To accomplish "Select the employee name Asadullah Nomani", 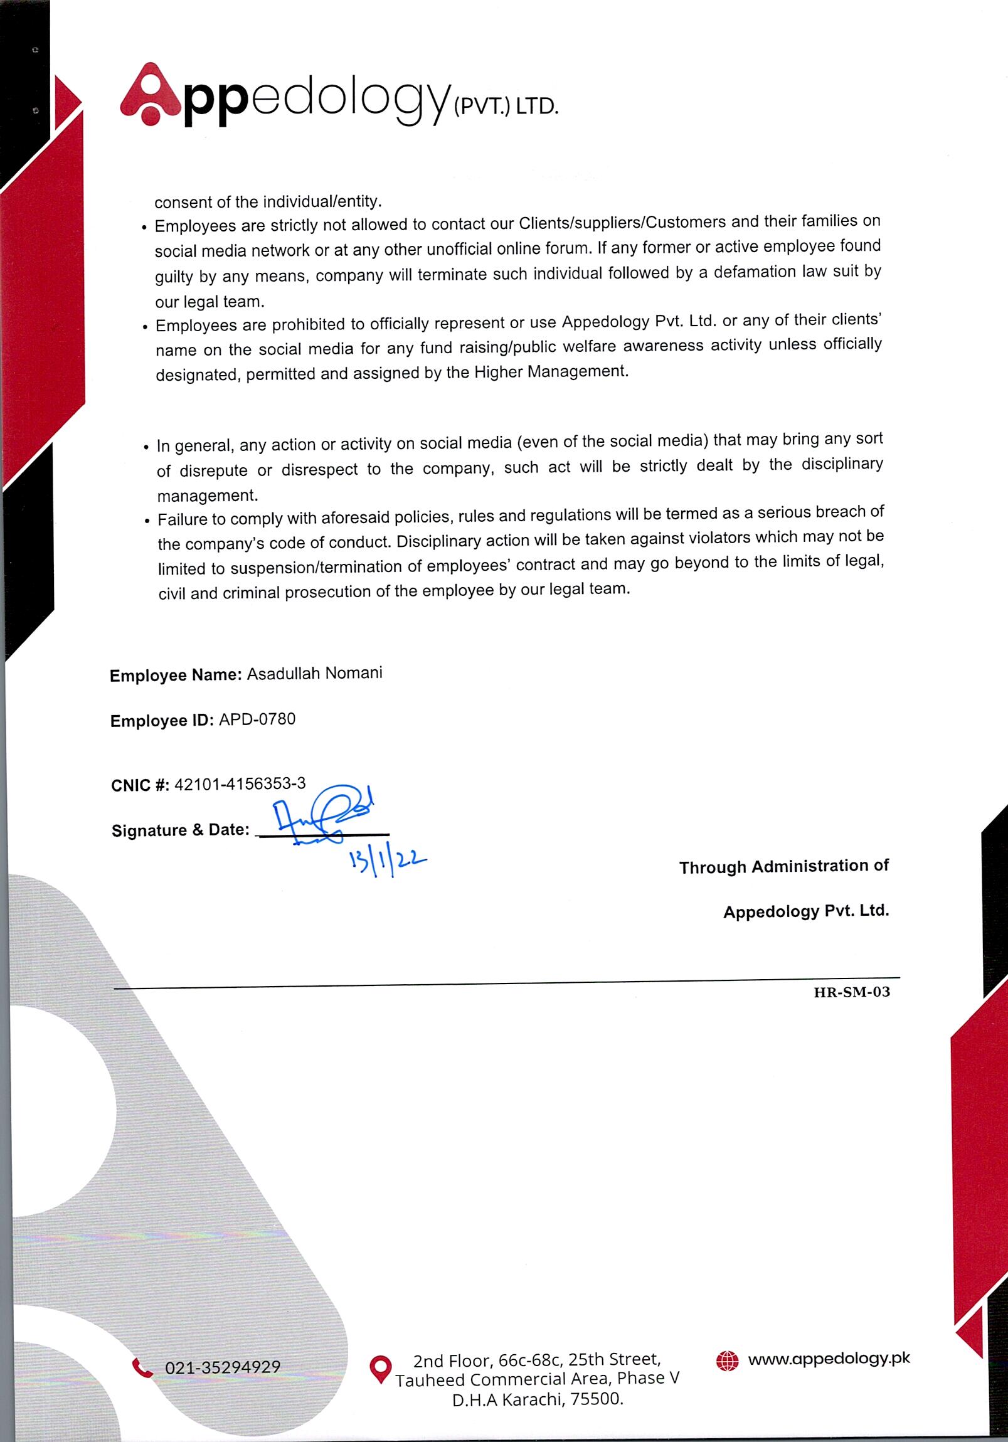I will [x=314, y=673].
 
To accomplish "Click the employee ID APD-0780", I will [x=257, y=719].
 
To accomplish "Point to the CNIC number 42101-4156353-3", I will [x=240, y=784].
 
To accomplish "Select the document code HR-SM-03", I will [x=852, y=992].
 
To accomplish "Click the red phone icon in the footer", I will [x=142, y=1367].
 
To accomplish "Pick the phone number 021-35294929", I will [x=222, y=1367].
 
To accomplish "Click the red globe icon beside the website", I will [x=727, y=1361].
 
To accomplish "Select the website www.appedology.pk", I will [x=829, y=1359].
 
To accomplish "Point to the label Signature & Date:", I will [x=180, y=830].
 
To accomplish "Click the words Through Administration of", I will [x=784, y=867].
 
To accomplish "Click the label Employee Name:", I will [x=175, y=675].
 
